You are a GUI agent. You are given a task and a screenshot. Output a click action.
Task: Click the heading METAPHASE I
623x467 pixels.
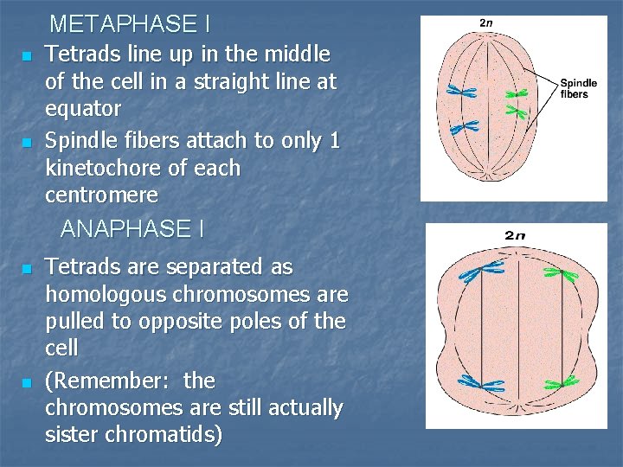pyautogui.click(x=130, y=23)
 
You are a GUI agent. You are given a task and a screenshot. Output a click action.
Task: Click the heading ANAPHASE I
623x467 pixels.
pyautogui.click(x=132, y=229)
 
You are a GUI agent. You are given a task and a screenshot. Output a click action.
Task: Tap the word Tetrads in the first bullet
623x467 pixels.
pyautogui.click(x=79, y=54)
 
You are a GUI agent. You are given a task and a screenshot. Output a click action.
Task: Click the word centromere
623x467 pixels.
pyautogui.click(x=101, y=195)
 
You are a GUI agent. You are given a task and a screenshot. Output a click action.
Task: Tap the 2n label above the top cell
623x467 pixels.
pyautogui.click(x=487, y=22)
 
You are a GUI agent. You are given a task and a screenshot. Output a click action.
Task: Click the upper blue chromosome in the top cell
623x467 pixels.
pyautogui.click(x=462, y=91)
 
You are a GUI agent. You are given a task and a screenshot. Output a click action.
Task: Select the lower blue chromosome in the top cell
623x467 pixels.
pyautogui.click(x=464, y=127)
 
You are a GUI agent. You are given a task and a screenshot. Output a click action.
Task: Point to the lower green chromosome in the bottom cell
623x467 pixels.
pyautogui.click(x=561, y=382)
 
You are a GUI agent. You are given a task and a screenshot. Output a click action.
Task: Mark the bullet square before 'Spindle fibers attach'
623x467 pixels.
pyautogui.click(x=27, y=142)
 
